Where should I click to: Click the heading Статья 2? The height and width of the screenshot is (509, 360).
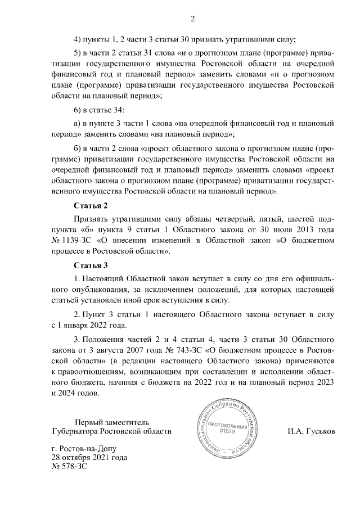(91, 206)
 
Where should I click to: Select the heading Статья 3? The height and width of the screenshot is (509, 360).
(91, 265)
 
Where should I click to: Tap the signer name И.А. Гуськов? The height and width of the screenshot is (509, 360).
(311, 431)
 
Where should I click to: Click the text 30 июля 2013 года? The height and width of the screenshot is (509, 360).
(303, 230)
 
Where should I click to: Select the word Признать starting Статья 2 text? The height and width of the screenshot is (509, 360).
(91, 219)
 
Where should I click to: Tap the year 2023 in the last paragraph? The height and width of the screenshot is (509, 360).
(324, 382)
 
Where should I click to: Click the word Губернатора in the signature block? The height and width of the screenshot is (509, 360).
(74, 431)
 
